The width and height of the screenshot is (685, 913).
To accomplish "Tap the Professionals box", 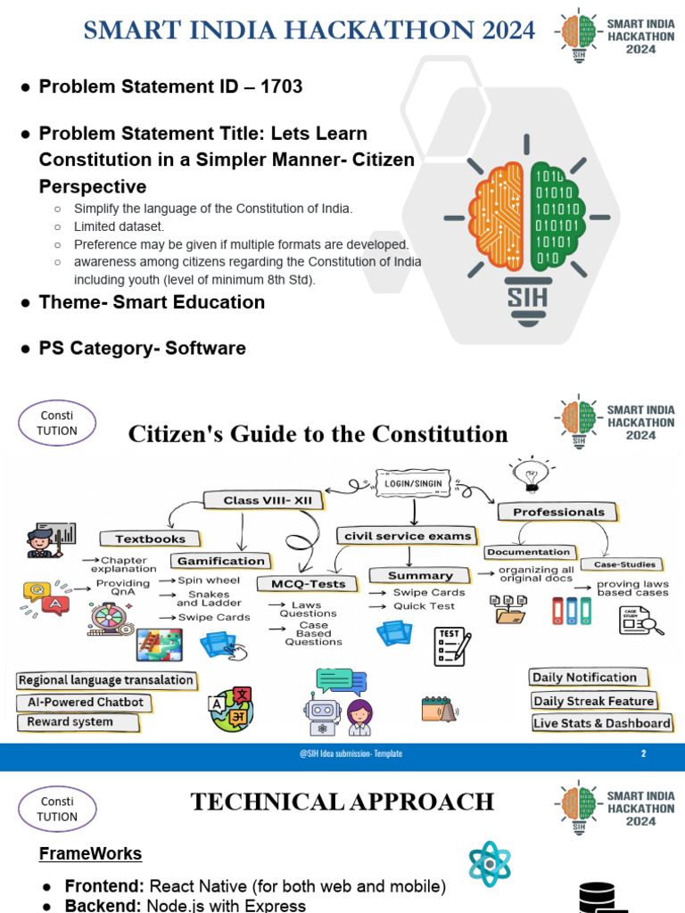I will [558, 512].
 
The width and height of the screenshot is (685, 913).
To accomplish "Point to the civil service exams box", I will [403, 536].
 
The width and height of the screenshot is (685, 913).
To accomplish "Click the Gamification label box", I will [221, 561].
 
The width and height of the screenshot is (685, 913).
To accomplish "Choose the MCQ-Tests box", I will [301, 584].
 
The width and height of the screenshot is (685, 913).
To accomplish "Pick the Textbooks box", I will [151, 539].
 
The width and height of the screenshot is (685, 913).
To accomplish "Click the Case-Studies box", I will [624, 564].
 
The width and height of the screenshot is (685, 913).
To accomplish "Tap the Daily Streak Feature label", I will [593, 701].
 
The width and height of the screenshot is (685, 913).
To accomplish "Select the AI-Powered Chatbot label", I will [80, 703].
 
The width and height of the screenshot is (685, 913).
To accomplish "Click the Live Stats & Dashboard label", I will [601, 723].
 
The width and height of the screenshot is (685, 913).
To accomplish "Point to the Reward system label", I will [70, 722].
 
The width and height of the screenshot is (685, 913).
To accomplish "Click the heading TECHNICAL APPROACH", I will [342, 802].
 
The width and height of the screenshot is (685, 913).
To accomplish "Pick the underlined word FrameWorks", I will [90, 853].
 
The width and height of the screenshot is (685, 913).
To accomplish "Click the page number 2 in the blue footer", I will [643, 753].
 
